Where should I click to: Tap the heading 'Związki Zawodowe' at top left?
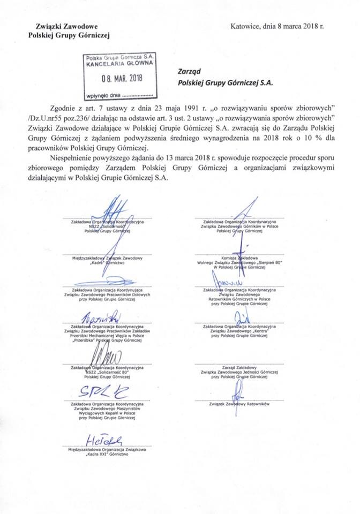(x=62, y=26)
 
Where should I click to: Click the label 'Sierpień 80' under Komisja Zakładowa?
(x=258, y=264)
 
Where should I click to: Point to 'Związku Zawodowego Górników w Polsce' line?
(x=238, y=226)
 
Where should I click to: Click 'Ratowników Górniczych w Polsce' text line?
(x=238, y=299)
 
